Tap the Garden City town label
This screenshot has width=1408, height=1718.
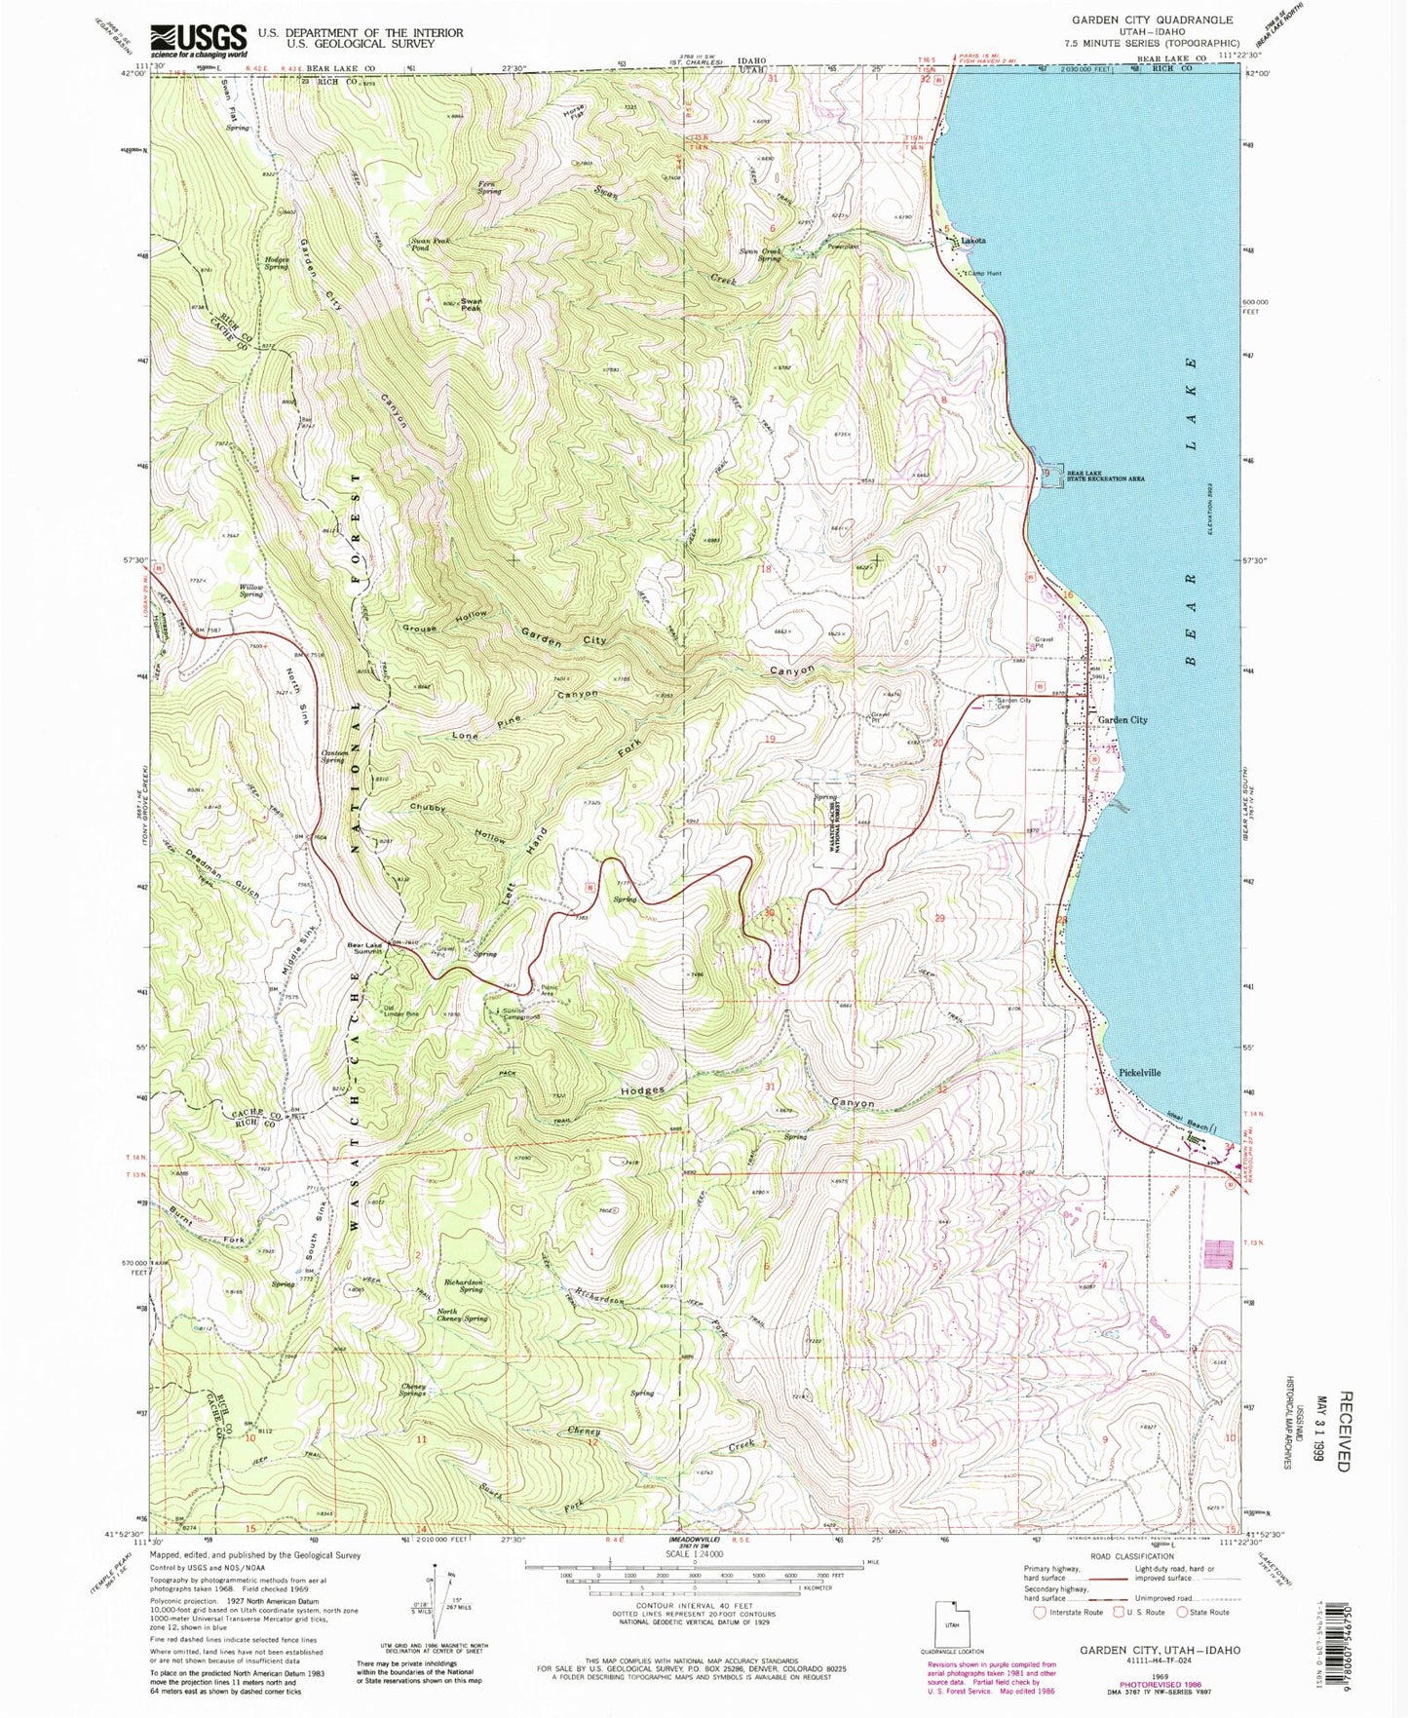point(1123,720)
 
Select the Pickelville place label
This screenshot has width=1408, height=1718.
point(1139,1072)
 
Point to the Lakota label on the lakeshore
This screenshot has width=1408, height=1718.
point(973,240)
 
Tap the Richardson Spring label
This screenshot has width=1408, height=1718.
point(464,1286)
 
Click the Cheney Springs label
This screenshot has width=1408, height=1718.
point(413,1390)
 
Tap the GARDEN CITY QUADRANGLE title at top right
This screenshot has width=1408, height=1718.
point(1152,19)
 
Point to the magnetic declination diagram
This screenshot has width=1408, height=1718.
point(426,1605)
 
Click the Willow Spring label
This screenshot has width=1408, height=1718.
point(251,591)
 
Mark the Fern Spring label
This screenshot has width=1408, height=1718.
point(489,187)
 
